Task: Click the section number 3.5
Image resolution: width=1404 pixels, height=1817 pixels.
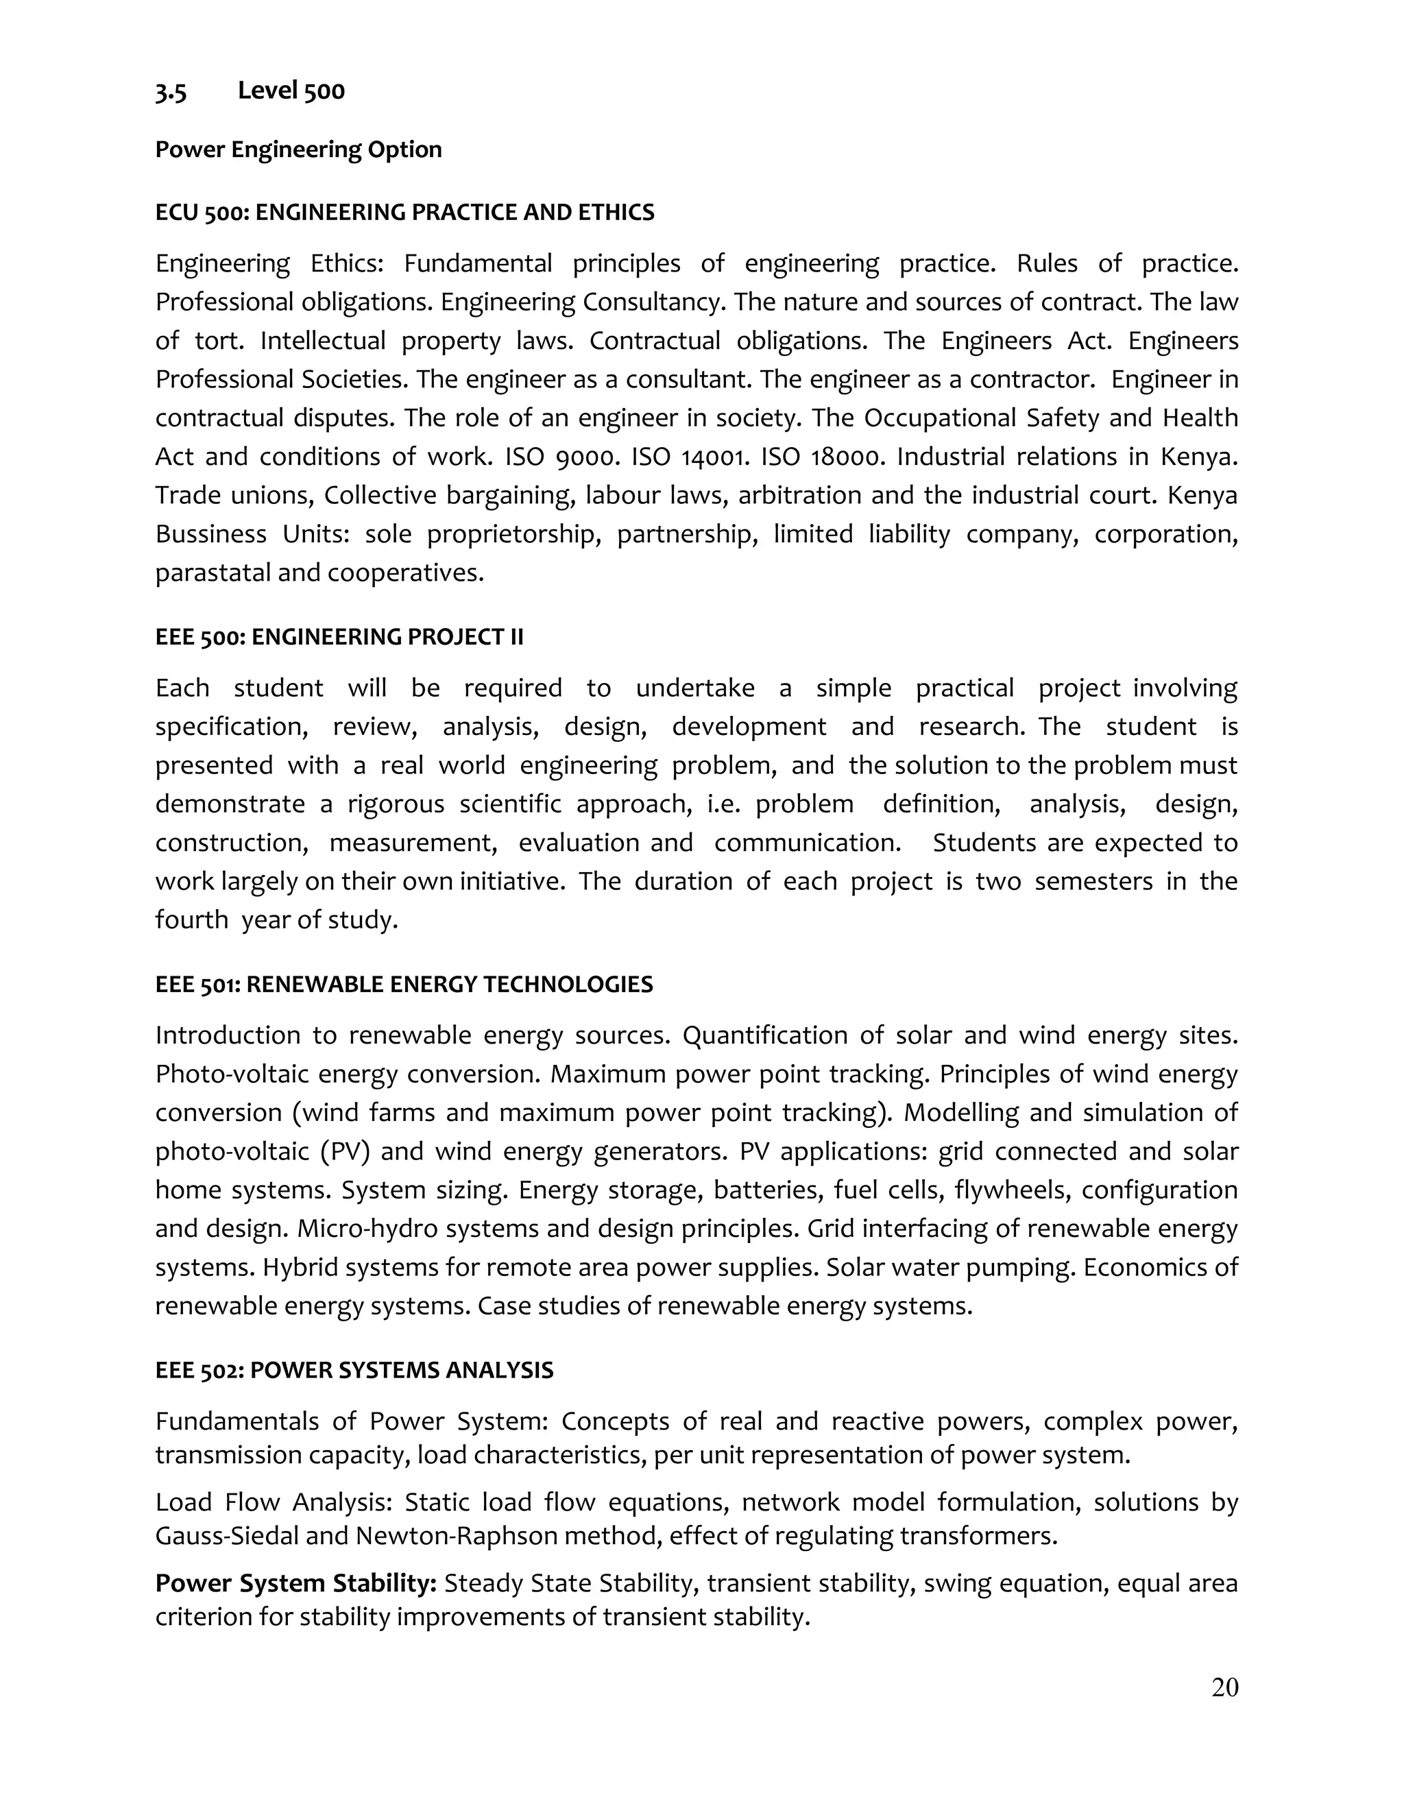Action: point(171,91)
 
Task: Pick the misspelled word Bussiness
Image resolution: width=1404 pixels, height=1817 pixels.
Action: point(210,534)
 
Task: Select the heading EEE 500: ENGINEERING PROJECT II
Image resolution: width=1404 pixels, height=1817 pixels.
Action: point(339,637)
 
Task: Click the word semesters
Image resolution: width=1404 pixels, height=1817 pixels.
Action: point(1093,881)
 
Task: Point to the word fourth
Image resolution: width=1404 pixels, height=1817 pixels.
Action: point(191,920)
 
